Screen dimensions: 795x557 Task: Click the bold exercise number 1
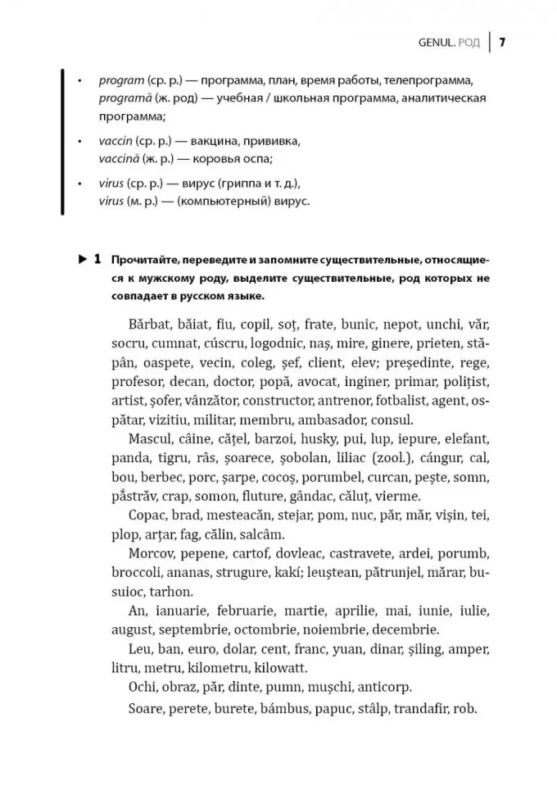pos(97,260)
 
